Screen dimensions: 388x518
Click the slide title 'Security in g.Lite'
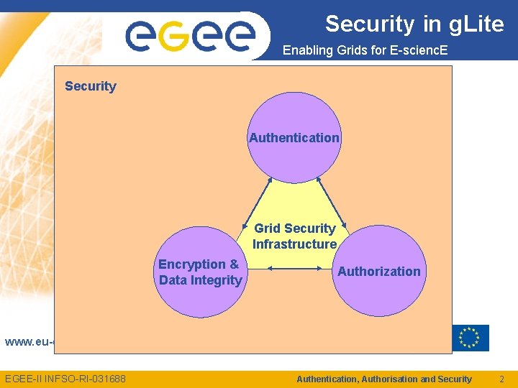coord(414,24)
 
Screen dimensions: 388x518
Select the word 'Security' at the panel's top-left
coord(90,86)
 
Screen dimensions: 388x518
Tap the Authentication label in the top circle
coord(294,137)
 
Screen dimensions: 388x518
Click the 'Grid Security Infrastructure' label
coord(295,236)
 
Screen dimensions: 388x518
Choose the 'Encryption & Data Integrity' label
coord(199,272)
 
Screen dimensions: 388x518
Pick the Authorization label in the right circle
coord(379,271)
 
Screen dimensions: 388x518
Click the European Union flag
coord(471,338)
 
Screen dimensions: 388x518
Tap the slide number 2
coord(502,379)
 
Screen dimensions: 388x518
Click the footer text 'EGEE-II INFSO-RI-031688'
coord(65,379)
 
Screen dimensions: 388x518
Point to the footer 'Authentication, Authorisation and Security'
coord(384,379)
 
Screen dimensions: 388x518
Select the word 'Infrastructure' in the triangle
coord(295,244)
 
